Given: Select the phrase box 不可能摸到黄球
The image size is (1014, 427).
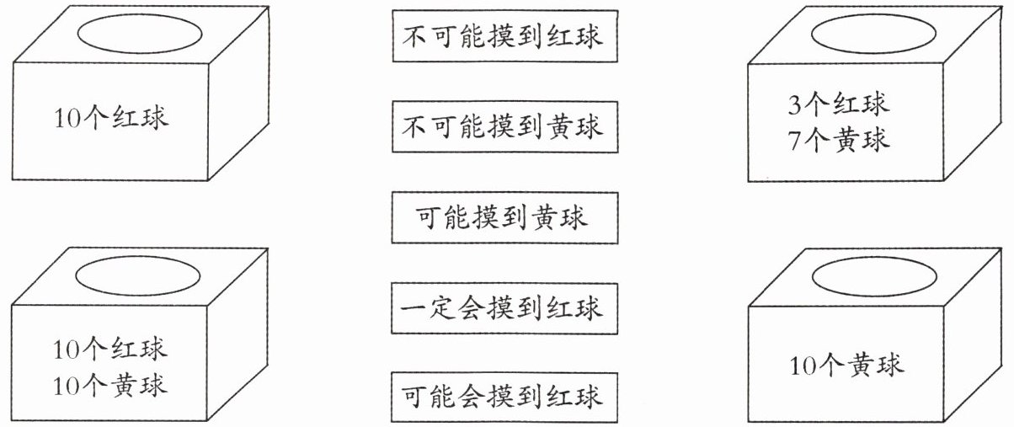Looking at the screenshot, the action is click(x=504, y=128).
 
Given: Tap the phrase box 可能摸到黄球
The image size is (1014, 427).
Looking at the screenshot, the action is click(x=504, y=218).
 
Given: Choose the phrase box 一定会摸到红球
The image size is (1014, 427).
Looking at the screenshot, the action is click(x=504, y=308).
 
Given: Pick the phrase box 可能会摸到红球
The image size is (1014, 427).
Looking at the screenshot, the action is click(x=504, y=396).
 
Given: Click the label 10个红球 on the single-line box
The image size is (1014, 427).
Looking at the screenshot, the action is click(x=111, y=117).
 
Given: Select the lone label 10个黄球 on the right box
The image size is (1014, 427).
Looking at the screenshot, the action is click(x=847, y=366).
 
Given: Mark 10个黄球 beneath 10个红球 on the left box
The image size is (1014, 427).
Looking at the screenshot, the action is click(x=111, y=385).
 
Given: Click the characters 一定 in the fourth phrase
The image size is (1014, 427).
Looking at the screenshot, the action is click(x=433, y=308).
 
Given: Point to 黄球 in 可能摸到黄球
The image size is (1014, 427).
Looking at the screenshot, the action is click(x=560, y=218).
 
